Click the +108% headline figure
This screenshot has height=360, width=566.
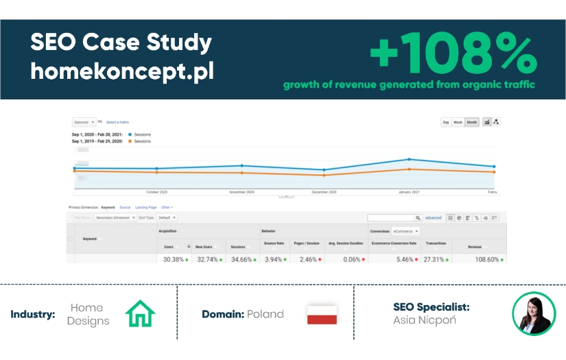pyautogui.click(x=453, y=55)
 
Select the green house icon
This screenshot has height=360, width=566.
pyautogui.click(x=141, y=314)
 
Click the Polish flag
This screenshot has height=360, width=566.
pyautogui.click(x=321, y=314)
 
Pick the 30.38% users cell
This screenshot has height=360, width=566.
pyautogui.click(x=174, y=260)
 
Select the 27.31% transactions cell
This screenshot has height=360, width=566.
pyautogui.click(x=436, y=260)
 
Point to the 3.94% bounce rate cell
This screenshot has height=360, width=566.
pyautogui.click(x=275, y=260)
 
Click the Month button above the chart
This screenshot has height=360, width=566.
pyautogui.click(x=472, y=122)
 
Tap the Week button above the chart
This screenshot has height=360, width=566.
pyautogui.click(x=458, y=122)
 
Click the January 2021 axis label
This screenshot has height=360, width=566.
pyautogui.click(x=409, y=193)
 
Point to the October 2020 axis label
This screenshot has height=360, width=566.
pyautogui.click(x=157, y=193)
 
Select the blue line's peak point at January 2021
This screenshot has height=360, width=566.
pyautogui.click(x=410, y=159)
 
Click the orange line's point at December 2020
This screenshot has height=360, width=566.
pyautogui.click(x=324, y=176)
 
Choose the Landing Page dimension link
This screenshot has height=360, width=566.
pyautogui.click(x=145, y=207)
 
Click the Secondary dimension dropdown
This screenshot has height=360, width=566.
pyautogui.click(x=115, y=217)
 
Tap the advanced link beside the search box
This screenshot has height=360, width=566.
pyautogui.click(x=433, y=217)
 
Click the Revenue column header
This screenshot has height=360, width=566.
pyautogui.click(x=475, y=243)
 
